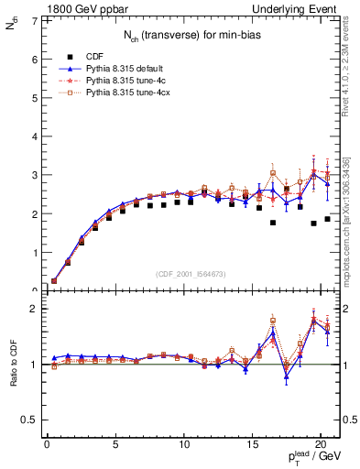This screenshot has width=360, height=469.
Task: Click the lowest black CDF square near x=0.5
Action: (x=54, y=281)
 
